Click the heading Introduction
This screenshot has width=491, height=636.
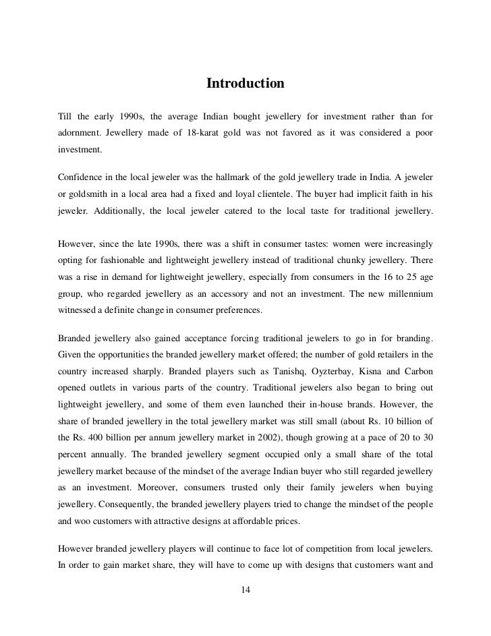click(246, 84)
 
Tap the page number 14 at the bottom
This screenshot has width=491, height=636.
click(246, 591)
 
